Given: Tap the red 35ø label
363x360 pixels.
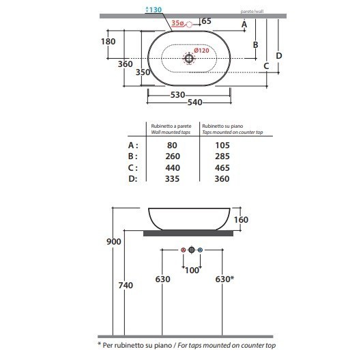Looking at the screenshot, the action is click(x=177, y=23).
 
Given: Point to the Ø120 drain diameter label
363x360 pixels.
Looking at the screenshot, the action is click(x=201, y=51).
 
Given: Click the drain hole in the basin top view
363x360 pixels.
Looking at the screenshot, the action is click(x=189, y=58).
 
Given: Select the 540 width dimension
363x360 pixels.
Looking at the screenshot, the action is click(x=194, y=102).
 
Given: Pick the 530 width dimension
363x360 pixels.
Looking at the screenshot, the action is click(x=177, y=94).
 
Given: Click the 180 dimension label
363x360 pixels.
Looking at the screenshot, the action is click(x=108, y=42).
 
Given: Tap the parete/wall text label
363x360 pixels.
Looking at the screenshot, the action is click(x=252, y=11).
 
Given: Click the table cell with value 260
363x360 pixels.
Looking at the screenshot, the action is click(x=173, y=156).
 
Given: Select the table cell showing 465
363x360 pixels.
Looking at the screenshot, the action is click(x=222, y=167).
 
